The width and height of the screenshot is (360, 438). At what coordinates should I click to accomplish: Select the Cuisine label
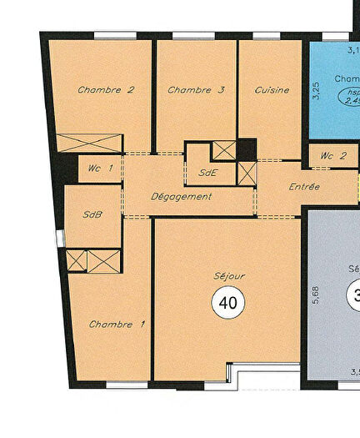point(272,90)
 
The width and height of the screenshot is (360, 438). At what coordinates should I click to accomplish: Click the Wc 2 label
point(332,156)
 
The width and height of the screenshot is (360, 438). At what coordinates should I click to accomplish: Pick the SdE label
point(208,174)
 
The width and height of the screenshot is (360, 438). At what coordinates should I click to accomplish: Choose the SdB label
point(92,214)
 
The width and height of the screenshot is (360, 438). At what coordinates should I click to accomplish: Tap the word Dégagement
point(181,197)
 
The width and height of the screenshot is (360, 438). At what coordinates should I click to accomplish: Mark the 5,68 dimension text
point(316,298)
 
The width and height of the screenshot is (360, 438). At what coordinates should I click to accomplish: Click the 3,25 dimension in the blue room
point(316,91)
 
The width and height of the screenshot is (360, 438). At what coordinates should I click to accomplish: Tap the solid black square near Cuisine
point(246,149)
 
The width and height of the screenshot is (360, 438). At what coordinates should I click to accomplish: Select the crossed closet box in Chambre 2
point(89,143)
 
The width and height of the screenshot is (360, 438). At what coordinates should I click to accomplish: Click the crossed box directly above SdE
point(222,150)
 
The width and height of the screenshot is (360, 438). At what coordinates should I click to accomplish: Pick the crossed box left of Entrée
point(247,173)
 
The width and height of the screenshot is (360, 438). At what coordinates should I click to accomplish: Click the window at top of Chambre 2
point(115,35)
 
